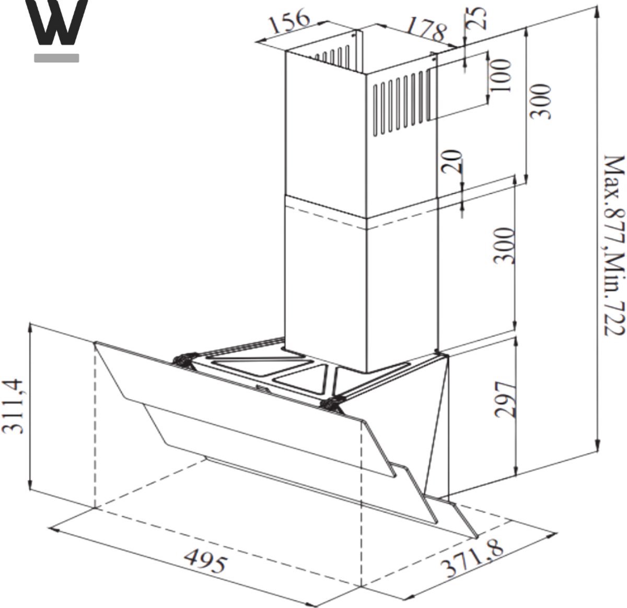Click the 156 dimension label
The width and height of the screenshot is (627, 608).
289,21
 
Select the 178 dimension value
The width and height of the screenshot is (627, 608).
426,29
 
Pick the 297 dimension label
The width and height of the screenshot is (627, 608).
505,399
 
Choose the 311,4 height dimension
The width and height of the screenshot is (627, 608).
13,407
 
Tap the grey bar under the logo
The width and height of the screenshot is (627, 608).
57,58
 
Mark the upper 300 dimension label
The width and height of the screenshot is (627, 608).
541,101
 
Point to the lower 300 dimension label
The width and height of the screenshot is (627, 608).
504,245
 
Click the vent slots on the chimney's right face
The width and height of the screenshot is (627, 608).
402,102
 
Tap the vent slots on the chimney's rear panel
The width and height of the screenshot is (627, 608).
332,56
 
